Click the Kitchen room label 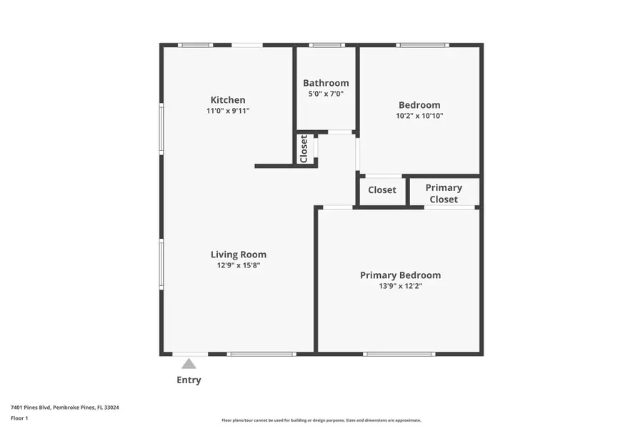227,100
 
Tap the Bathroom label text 326,83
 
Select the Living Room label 238,255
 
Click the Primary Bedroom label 400,275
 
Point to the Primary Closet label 444,193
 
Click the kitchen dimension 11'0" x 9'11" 227,111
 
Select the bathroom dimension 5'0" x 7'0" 326,94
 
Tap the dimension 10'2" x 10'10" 419,116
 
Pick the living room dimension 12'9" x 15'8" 238,265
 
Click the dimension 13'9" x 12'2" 400,286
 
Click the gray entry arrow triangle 189,363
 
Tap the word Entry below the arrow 189,380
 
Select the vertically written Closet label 304,149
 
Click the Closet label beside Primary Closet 382,190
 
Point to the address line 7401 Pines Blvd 64,407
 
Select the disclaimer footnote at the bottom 321,420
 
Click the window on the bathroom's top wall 327,45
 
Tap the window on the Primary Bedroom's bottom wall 399,354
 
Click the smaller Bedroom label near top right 419,105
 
